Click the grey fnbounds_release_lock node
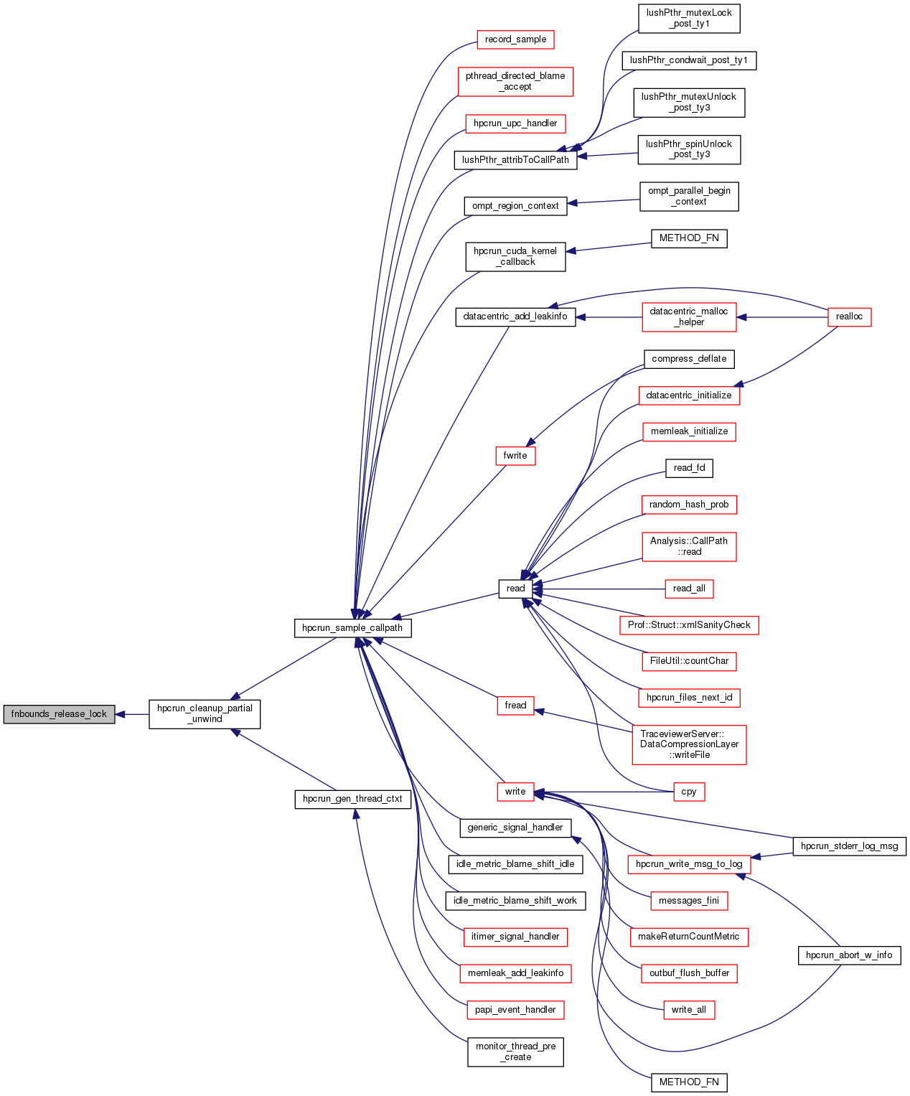[59, 714]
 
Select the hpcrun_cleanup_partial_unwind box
[205, 713]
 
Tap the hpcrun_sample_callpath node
[352, 628]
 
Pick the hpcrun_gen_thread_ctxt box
[352, 799]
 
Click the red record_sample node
[515, 39]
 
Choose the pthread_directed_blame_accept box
[515, 81]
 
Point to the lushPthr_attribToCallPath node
[515, 159]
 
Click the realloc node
[849, 317]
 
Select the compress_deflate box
[688, 359]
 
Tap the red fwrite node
[515, 456]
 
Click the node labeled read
[515, 589]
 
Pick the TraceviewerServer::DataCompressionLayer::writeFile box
[688, 744]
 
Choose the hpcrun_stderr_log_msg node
[849, 846]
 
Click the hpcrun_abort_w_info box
[849, 955]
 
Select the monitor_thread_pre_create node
[515, 1051]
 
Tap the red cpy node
[688, 792]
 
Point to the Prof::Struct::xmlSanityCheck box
[688, 625]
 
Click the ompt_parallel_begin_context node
[688, 196]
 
